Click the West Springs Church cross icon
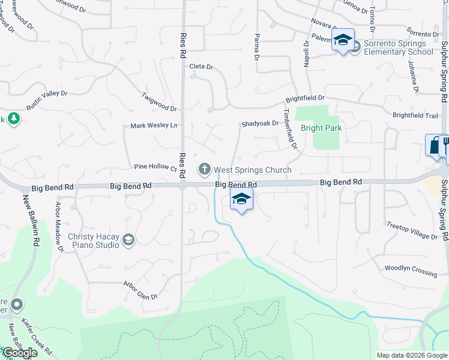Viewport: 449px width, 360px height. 205,170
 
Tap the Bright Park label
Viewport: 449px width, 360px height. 321,128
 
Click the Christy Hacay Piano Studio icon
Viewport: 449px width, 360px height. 128,241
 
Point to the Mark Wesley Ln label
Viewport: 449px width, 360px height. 154,126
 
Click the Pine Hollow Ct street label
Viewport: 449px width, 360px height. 155,167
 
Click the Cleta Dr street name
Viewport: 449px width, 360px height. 201,67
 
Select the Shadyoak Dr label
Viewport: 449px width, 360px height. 260,124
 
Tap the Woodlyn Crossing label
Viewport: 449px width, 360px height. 411,271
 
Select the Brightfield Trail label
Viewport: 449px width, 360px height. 415,115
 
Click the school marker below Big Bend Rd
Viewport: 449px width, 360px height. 241,200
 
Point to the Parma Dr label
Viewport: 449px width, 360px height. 256,46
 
